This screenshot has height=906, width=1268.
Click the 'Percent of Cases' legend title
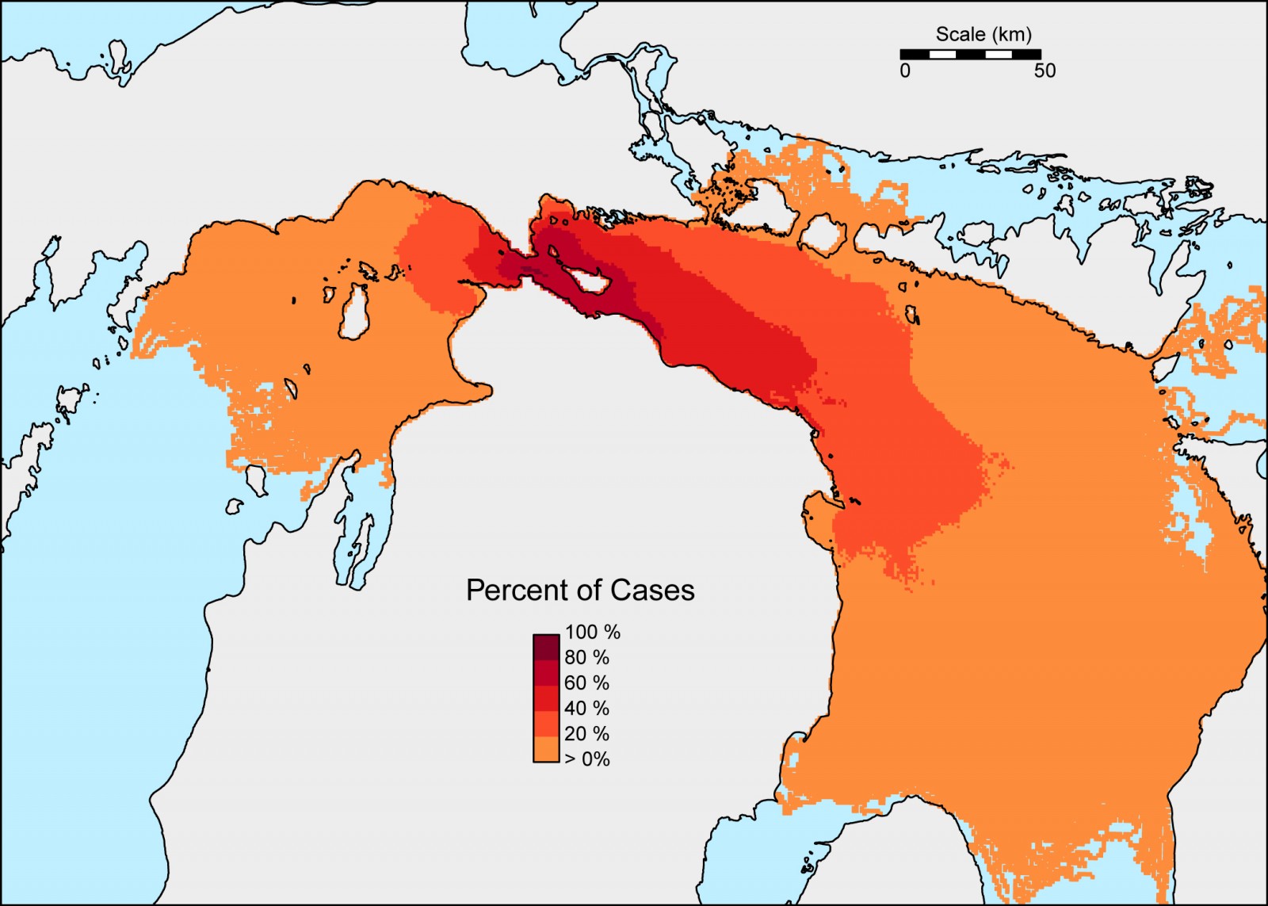pyautogui.click(x=580, y=591)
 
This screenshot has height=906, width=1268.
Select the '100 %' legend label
pyautogui.click(x=592, y=632)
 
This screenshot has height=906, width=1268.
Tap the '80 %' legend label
pyautogui.click(x=586, y=657)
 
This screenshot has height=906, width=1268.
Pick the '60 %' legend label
pyautogui.click(x=586, y=682)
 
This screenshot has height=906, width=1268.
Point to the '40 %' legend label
pyautogui.click(x=586, y=708)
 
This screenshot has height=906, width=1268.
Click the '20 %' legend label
pyautogui.click(x=586, y=733)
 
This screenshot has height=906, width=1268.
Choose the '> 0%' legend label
pyautogui.click(x=586, y=759)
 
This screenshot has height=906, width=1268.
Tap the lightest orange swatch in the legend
pyautogui.click(x=546, y=750)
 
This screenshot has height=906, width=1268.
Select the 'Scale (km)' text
pyautogui.click(x=983, y=34)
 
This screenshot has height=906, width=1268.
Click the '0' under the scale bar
pyautogui.click(x=905, y=71)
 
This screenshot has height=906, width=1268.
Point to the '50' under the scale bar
pyautogui.click(x=1045, y=71)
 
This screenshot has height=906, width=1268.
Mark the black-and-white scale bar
pyautogui.click(x=970, y=54)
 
